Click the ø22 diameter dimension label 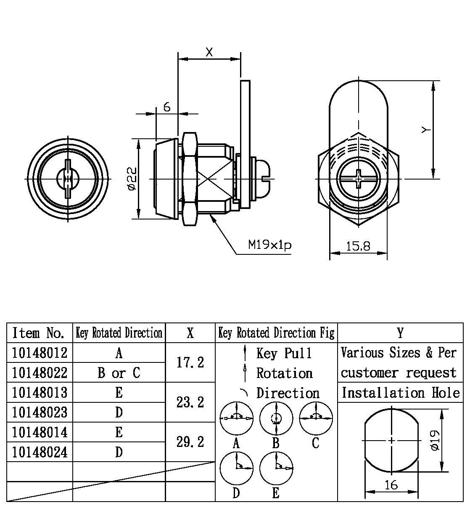click(x=132, y=179)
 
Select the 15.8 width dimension click(x=358, y=246)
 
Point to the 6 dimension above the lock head click(x=167, y=107)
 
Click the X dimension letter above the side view click(x=209, y=52)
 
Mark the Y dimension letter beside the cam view click(x=426, y=130)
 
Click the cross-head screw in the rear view click(x=358, y=179)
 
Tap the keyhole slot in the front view click(x=68, y=179)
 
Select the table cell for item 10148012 click(x=40, y=353)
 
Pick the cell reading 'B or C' click(x=119, y=373)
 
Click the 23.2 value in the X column click(x=190, y=402)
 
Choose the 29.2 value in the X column click(x=190, y=442)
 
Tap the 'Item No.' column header click(x=40, y=333)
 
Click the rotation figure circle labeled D click(x=236, y=468)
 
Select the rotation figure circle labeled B click(x=276, y=418)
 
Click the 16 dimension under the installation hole click(x=391, y=485)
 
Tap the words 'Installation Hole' click(x=400, y=393)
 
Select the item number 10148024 click(x=40, y=452)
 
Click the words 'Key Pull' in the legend click(x=284, y=353)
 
